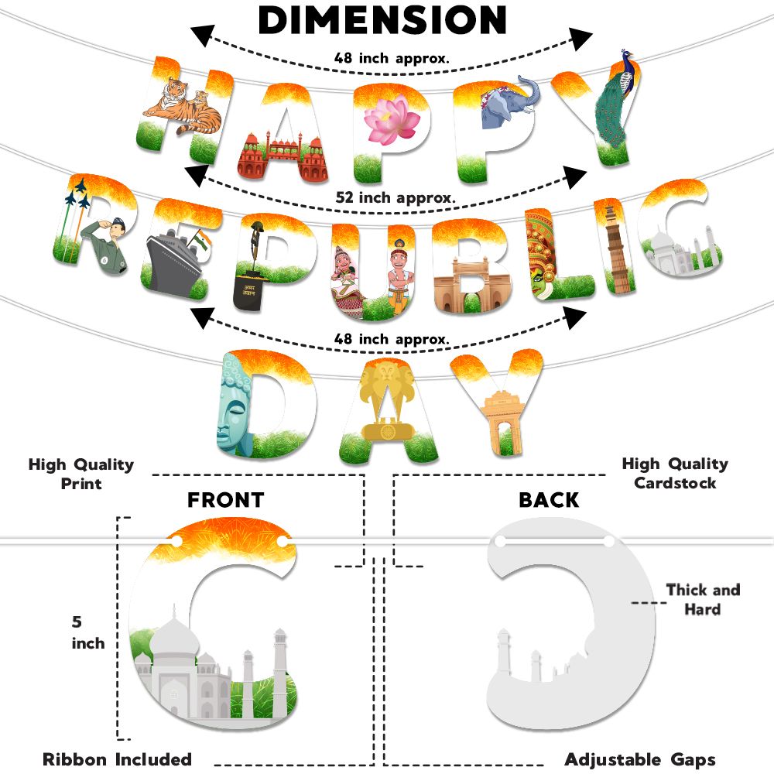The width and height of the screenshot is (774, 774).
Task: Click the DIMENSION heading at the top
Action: [x=382, y=21]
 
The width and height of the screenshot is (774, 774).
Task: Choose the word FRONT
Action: [x=225, y=500]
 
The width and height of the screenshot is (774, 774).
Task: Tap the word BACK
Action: [x=549, y=500]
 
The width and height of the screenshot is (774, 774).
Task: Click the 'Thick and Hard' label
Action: [x=702, y=600]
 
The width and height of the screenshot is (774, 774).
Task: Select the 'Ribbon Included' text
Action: [x=117, y=759]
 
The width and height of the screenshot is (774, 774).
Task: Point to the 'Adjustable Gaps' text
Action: [x=640, y=759]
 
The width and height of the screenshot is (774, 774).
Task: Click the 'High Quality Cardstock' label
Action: [x=675, y=473]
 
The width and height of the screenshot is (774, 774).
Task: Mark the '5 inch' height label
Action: [x=87, y=632]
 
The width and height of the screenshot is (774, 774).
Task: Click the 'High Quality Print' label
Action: [x=81, y=474]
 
